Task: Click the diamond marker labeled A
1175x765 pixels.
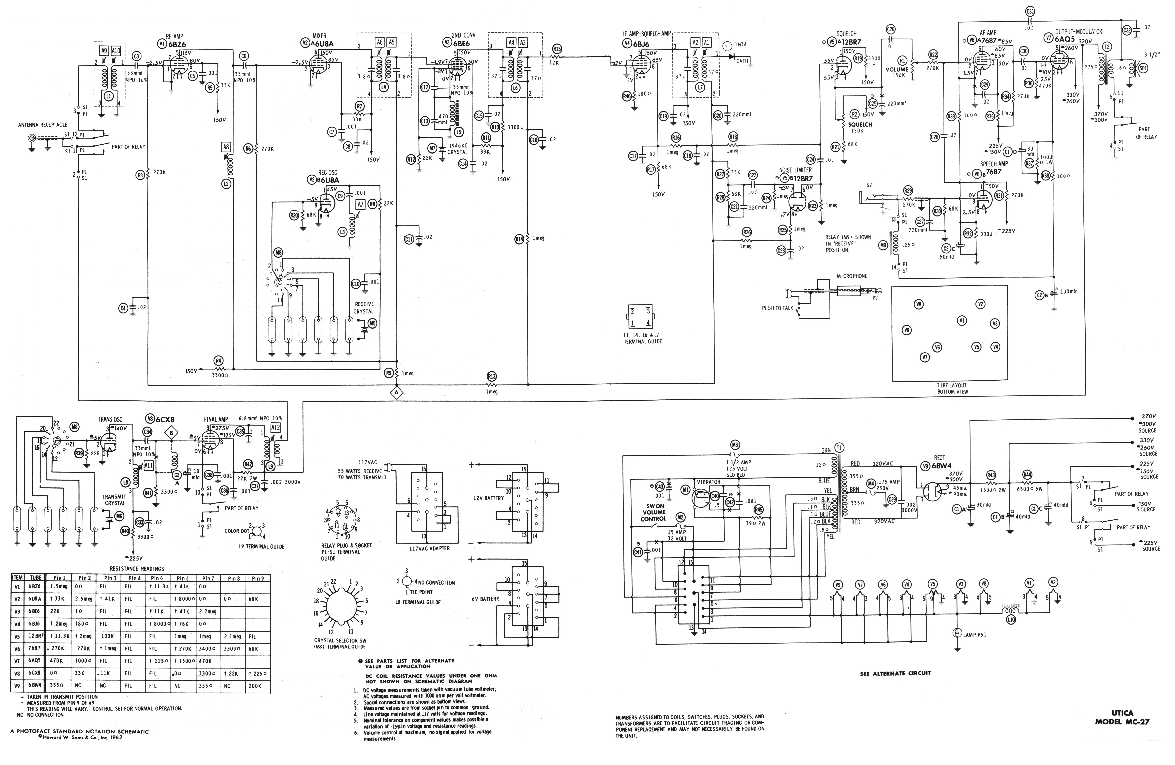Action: point(396,392)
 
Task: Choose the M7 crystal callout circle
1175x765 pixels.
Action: point(432,148)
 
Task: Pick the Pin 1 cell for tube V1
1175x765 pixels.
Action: point(59,587)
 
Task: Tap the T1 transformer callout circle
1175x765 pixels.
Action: point(839,447)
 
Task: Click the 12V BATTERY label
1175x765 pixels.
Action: point(487,498)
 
